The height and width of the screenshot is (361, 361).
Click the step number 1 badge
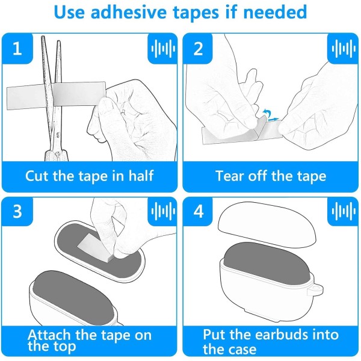pyautogui.click(x=17, y=49)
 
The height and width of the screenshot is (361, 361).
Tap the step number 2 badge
pyautogui.click(x=198, y=49)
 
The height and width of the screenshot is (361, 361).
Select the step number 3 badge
pyautogui.click(x=17, y=211)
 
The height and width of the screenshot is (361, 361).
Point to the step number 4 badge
pyautogui.click(x=198, y=211)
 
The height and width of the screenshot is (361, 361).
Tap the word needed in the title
pyautogui.click(x=275, y=12)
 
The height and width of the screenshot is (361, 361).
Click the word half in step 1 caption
pyautogui.click(x=141, y=176)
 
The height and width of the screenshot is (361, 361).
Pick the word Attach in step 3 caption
pyautogui.click(x=49, y=335)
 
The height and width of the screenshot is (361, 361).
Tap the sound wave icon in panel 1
pyautogui.click(x=163, y=49)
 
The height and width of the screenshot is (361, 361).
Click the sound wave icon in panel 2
pyautogui.click(x=344, y=49)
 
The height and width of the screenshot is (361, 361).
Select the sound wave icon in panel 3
pyautogui.click(x=163, y=211)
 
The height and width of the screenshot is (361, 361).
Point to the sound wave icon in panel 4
pyautogui.click(x=344, y=211)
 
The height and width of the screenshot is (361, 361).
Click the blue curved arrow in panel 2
pyautogui.click(x=267, y=113)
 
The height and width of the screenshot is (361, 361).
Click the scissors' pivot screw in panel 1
pyautogui.click(x=57, y=135)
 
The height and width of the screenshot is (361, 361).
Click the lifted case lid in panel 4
pyautogui.click(x=267, y=224)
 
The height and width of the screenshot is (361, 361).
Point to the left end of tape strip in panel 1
pyautogui.click(x=7, y=99)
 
